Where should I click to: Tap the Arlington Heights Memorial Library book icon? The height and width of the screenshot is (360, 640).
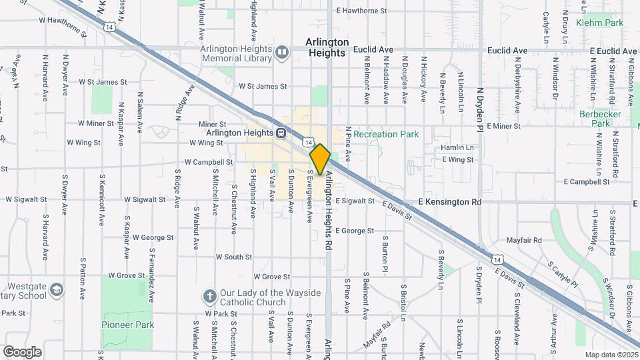click(x=282, y=52)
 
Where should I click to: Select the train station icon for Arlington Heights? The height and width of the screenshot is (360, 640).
click(x=282, y=133)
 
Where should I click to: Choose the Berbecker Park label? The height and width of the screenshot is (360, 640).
click(x=601, y=119)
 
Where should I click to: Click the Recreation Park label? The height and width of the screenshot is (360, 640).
click(x=386, y=134)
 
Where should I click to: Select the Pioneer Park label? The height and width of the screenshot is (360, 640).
click(x=127, y=325)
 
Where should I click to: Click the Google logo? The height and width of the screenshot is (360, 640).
click(x=22, y=352)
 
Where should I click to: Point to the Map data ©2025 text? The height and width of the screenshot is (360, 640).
click(x=611, y=355)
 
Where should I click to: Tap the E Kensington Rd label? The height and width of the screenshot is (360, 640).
click(x=449, y=201)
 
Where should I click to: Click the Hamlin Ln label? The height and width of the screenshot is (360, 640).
click(x=457, y=147)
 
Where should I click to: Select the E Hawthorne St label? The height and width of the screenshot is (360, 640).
click(x=362, y=11)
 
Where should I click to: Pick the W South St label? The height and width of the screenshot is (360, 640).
click(x=233, y=257)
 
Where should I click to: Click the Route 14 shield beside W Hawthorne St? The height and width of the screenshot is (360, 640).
click(x=110, y=26)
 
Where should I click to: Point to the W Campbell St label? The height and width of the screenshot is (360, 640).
click(x=209, y=162)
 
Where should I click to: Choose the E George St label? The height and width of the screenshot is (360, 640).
click(x=355, y=231)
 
